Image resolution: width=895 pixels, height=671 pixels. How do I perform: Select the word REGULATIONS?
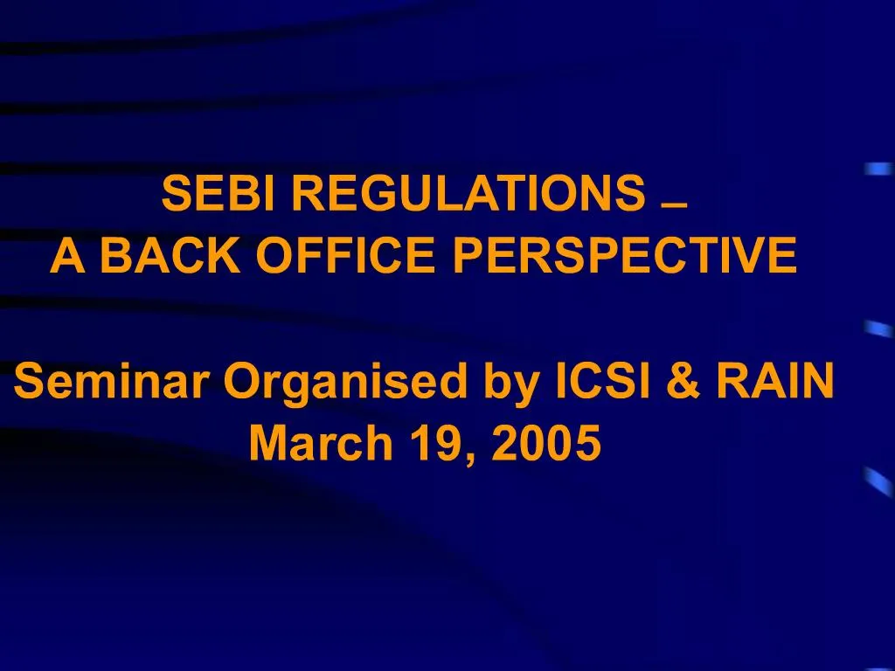click(x=466, y=193)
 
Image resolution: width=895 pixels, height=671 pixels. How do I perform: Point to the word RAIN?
click(x=771, y=381)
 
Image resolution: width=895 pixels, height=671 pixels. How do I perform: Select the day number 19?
click(x=440, y=444)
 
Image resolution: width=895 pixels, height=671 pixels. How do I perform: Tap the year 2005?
click(x=546, y=444)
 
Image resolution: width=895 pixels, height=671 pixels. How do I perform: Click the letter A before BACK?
click(x=67, y=255)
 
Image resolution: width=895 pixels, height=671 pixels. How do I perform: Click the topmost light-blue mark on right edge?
click(x=878, y=169)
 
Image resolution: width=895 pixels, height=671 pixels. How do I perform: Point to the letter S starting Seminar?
click(x=29, y=381)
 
